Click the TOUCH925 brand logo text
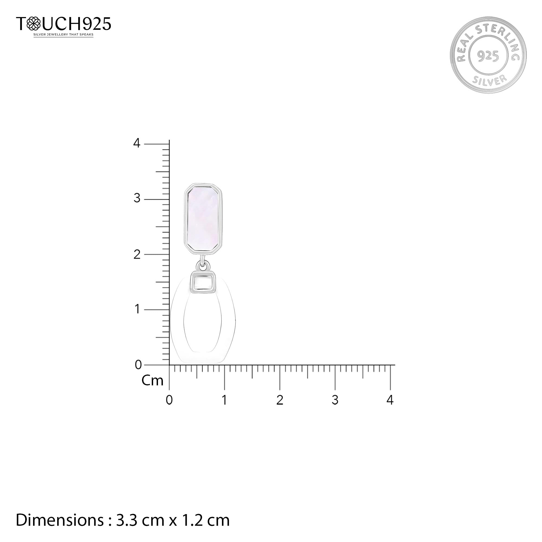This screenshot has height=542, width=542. click(64, 24)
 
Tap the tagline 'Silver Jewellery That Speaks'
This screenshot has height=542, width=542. click(63, 35)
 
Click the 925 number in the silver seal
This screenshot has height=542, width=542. click(488, 56)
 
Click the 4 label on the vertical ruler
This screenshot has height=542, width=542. click(137, 143)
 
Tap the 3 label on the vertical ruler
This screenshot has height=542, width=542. click(137, 198)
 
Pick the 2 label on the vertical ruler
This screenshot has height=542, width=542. click(137, 254)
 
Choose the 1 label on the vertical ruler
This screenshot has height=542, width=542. click(137, 309)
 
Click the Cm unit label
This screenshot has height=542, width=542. click(152, 381)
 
